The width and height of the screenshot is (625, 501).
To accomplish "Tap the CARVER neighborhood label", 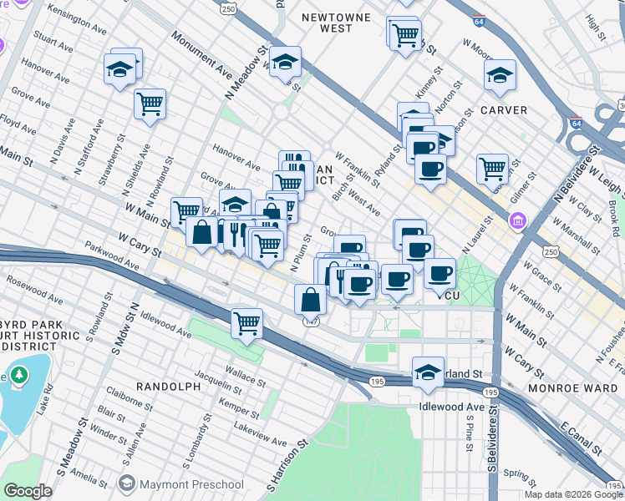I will pos(503,109).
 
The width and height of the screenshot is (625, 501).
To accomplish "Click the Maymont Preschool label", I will pos(181,484).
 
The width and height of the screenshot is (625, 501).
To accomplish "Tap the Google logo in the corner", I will pos(28,491).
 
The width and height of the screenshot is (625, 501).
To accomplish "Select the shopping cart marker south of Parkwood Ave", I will pos(246,322).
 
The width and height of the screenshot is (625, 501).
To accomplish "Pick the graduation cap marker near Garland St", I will pos(428,372).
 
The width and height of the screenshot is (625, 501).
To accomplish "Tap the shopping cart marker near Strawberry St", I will pos(150,104).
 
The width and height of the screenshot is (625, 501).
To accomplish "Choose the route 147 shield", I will pos(310,321).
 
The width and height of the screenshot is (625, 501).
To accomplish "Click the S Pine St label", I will pos(468,434).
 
